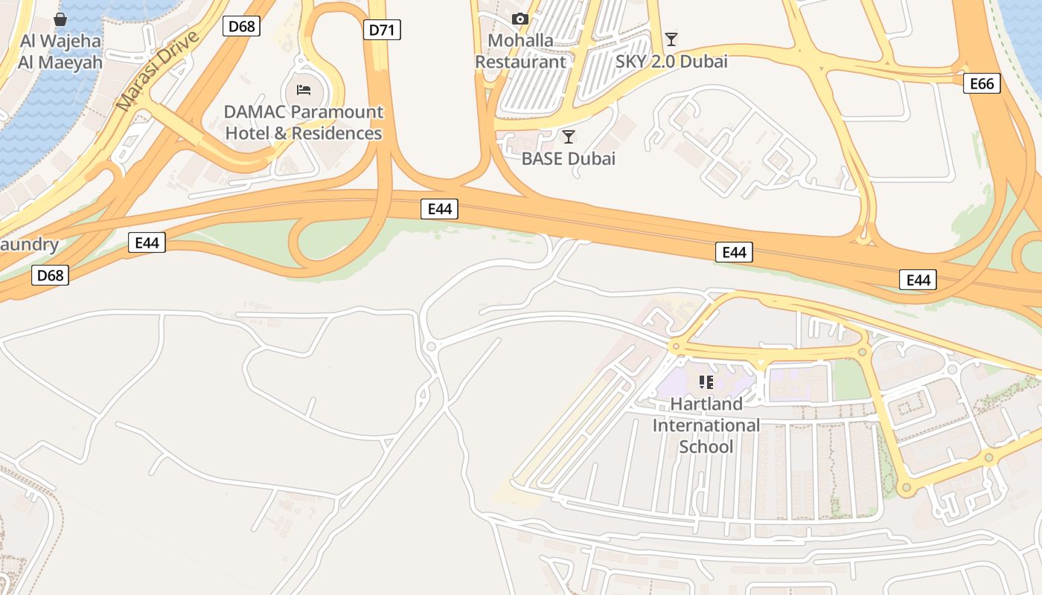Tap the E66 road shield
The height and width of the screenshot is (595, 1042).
tap(982, 83)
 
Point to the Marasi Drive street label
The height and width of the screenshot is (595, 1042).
tap(159, 71)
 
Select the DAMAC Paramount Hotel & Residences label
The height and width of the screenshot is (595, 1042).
tap(304, 123)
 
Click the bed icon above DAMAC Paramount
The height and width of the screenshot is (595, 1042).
tap(304, 90)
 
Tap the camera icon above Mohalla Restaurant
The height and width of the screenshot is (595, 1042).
tap(520, 19)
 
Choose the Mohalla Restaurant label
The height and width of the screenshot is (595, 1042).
tap(520, 51)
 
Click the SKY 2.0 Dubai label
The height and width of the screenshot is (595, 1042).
tap(671, 62)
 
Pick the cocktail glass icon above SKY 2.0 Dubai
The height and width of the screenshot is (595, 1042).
tap(671, 39)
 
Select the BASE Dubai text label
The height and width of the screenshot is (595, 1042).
tap(569, 158)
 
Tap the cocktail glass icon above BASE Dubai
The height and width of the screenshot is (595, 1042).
tap(569, 136)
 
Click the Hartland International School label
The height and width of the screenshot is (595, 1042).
tap(706, 425)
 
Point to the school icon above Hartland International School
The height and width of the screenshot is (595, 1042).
tap(706, 382)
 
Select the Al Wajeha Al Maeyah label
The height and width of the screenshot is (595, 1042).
tap(60, 51)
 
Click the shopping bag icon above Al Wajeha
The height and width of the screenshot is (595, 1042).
tap(60, 19)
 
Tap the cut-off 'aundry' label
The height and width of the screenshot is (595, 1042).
tap(29, 245)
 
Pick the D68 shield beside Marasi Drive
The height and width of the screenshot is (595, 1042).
tap(241, 26)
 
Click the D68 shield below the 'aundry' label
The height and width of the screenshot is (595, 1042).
tap(51, 275)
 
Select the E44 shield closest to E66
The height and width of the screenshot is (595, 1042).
tap(918, 280)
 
